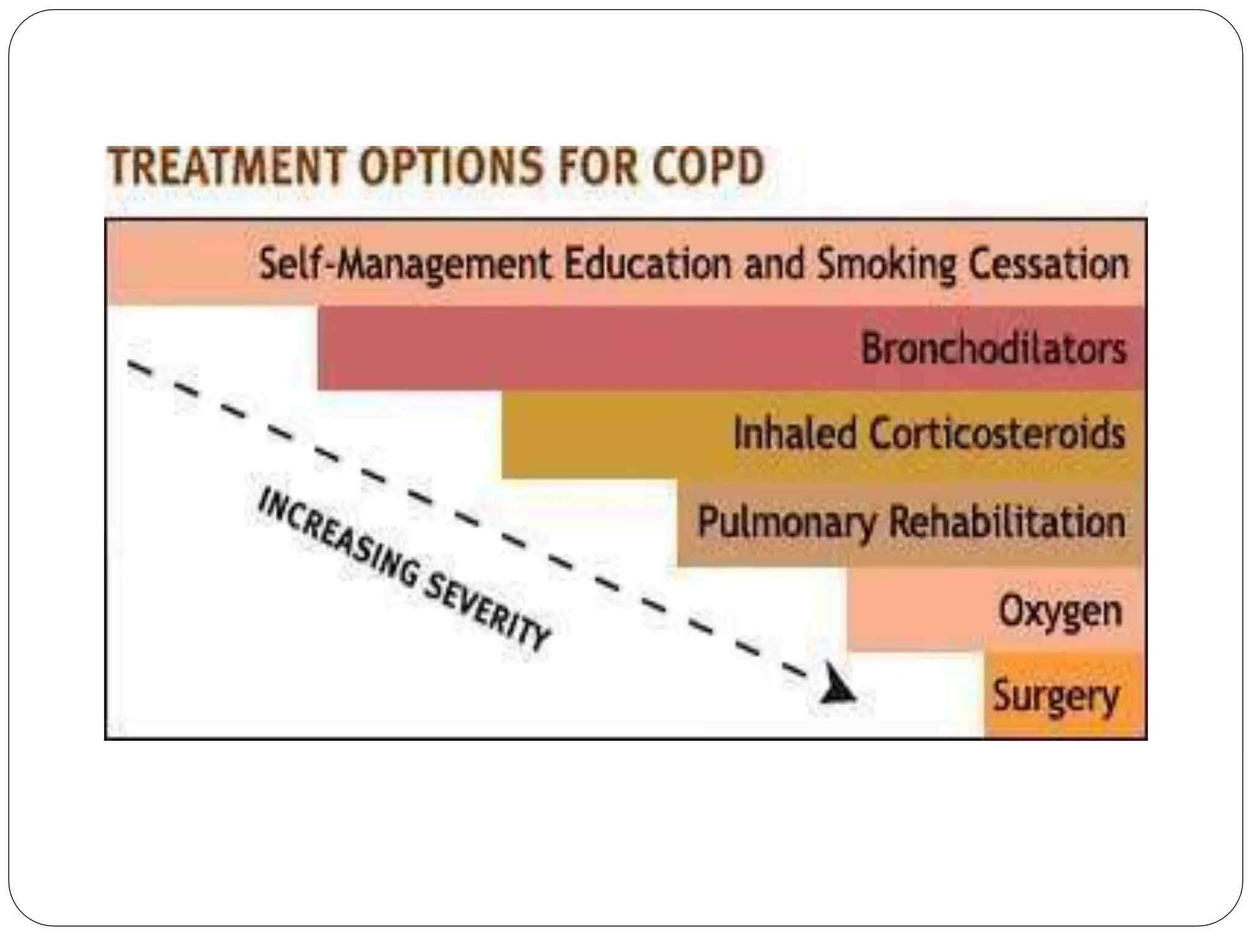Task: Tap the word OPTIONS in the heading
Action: click(x=451, y=166)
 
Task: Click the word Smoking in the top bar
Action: click(x=886, y=265)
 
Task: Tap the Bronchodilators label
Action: click(x=993, y=348)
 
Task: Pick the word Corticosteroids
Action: click(x=996, y=433)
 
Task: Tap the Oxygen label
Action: click(x=1061, y=611)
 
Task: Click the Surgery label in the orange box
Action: click(x=1056, y=696)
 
